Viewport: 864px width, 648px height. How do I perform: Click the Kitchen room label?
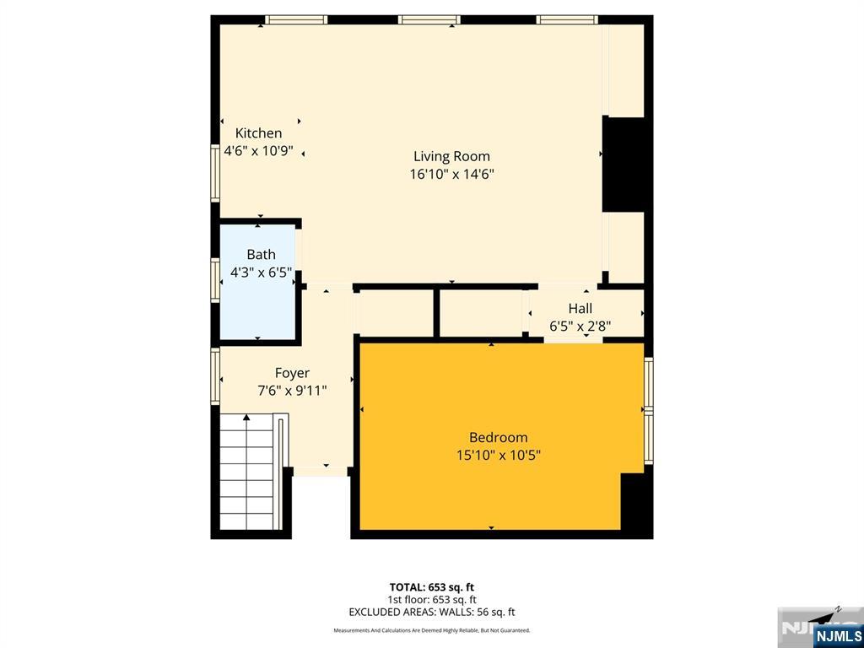pyautogui.click(x=258, y=133)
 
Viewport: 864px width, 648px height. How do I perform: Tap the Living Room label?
pyautogui.click(x=451, y=156)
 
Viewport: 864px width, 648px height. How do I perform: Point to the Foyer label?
pyautogui.click(x=292, y=373)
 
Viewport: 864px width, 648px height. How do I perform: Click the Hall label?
pyautogui.click(x=580, y=309)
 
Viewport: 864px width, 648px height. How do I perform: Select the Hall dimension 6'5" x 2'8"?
pyautogui.click(x=580, y=327)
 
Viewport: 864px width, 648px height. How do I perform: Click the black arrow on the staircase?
pyautogui.click(x=246, y=417)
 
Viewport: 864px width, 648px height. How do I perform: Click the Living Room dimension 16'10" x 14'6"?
pyautogui.click(x=451, y=175)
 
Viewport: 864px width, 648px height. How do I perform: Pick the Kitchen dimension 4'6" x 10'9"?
pyautogui.click(x=258, y=152)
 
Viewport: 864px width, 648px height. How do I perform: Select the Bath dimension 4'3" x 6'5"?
pyautogui.click(x=261, y=273)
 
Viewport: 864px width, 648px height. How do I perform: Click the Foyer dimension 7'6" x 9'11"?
pyautogui.click(x=292, y=391)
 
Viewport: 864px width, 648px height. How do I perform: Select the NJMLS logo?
pyautogui.click(x=838, y=635)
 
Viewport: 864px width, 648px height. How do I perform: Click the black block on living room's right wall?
pyautogui.click(x=624, y=164)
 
